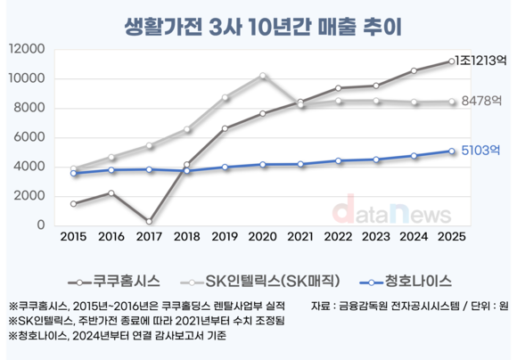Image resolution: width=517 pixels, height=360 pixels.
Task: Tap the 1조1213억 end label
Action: click(482, 61)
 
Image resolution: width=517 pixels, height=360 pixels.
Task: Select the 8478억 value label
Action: click(482, 102)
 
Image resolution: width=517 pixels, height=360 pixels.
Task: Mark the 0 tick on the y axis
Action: click(42, 225)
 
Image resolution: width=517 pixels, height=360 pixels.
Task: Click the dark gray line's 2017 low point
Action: click(148, 221)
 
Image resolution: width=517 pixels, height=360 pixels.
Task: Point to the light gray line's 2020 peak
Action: click(262, 76)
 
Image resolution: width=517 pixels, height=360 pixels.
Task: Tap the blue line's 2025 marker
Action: click(451, 151)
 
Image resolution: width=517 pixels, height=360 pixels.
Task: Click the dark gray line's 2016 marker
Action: click(111, 192)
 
